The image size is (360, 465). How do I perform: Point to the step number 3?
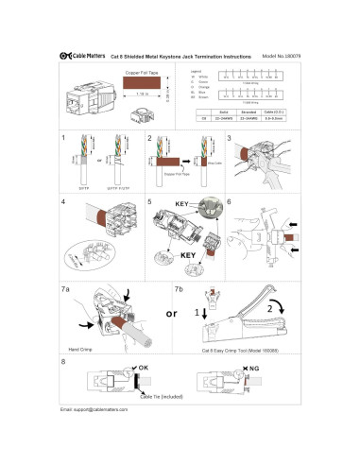click(x=230, y=139)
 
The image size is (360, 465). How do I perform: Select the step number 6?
click(x=230, y=202)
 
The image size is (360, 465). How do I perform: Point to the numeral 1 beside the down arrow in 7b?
click(x=200, y=309)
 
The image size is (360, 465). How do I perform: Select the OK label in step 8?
click(x=144, y=367)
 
